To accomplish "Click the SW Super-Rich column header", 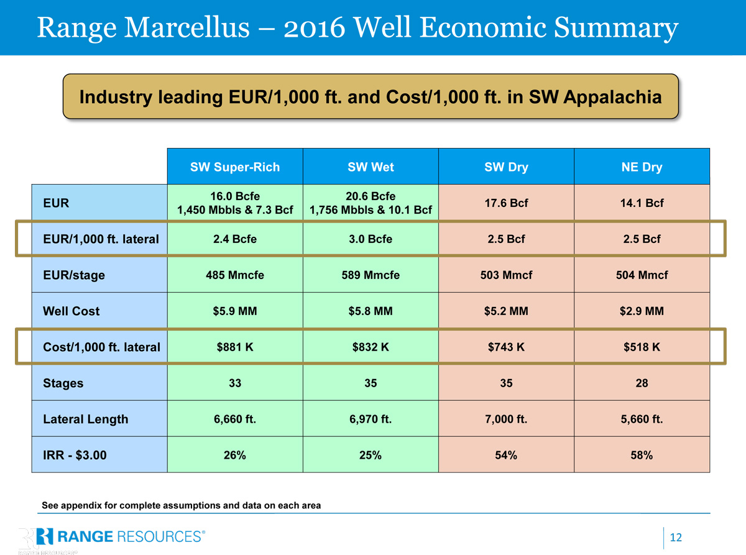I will pos(235,167).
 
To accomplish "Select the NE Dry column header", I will pos(642,167).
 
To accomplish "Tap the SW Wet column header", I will pos(371,167).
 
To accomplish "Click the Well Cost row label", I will pos(71,311).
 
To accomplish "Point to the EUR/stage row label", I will pos(73,275).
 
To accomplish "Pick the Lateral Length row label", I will pos(86,419).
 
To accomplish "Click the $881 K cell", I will pos(235,347).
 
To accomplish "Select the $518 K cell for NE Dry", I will pos(642,347).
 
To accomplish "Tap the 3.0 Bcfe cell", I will pos(371,239).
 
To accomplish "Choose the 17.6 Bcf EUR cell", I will pos(506,203).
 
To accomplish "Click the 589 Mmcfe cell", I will pos(371,275).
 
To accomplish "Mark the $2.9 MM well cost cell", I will pos(642,311).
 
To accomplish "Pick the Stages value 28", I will pos(642,383).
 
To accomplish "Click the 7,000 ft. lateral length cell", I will pos(506,419).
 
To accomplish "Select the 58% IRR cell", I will pos(642,455).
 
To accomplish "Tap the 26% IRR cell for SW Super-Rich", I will pos(235,455).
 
